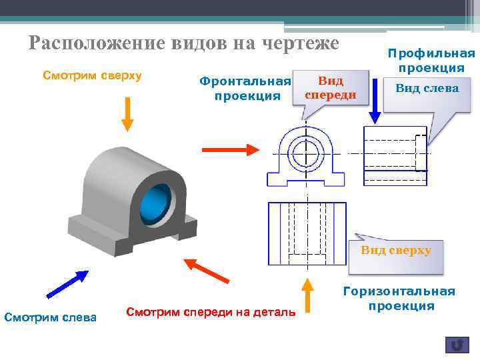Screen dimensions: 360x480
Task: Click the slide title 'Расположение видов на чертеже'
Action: click(x=184, y=43)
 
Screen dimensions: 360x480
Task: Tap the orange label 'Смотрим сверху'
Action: click(x=92, y=75)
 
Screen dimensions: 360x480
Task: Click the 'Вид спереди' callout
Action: click(x=331, y=87)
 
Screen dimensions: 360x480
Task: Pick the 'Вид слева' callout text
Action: click(x=427, y=87)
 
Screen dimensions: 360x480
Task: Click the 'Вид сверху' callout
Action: click(x=396, y=251)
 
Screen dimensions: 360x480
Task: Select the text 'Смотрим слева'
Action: click(x=51, y=316)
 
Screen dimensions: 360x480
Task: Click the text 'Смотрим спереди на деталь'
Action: click(x=211, y=311)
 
